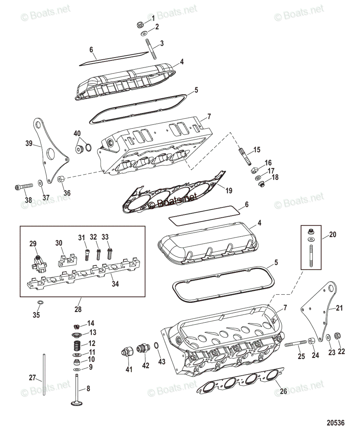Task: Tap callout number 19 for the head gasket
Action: click(x=229, y=190)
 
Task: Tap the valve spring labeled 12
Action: click(x=76, y=345)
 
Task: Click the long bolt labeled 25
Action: click(x=295, y=344)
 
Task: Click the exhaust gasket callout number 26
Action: click(x=283, y=392)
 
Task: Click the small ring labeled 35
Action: click(x=40, y=302)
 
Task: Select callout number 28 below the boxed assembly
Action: click(x=78, y=309)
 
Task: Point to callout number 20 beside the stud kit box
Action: click(x=332, y=234)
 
